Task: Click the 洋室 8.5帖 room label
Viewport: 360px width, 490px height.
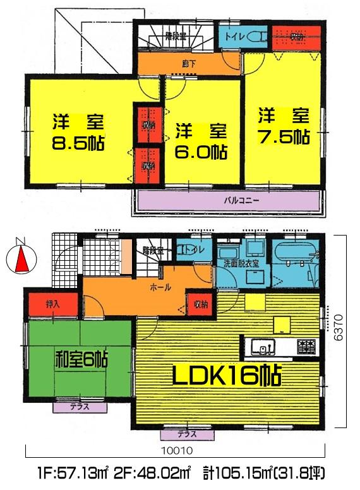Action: [x=77, y=131]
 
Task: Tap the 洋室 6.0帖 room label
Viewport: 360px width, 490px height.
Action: [x=201, y=141]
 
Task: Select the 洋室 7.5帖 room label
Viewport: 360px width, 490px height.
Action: [x=282, y=126]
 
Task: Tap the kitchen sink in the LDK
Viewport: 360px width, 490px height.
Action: [x=261, y=347]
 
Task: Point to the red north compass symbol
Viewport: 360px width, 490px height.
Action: [x=18, y=258]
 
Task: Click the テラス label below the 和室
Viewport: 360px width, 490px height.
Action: [x=80, y=407]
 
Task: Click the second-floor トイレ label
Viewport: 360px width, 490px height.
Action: [x=234, y=37]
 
